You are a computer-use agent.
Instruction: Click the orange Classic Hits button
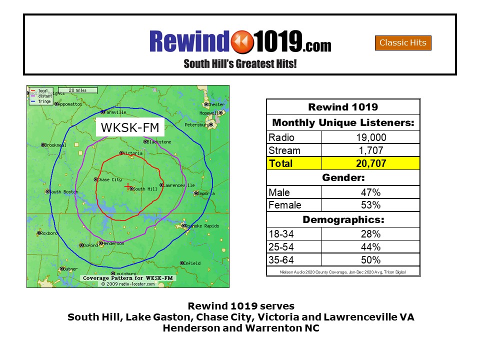[403, 43]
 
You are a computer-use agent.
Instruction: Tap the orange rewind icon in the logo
[242, 41]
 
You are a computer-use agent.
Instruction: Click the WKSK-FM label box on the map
[129, 127]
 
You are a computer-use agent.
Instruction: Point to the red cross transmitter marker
[128, 186]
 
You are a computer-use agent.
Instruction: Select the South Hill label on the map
[145, 189]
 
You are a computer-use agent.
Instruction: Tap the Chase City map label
[109, 179]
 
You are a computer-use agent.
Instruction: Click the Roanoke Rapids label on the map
[203, 226]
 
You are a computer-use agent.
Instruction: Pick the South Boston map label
[63, 192]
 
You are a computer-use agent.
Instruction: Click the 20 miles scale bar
[77, 90]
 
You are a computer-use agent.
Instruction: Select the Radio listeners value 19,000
[370, 137]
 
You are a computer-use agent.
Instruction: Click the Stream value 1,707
[370, 150]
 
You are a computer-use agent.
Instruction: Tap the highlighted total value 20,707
[370, 163]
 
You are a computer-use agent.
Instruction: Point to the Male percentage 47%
[370, 192]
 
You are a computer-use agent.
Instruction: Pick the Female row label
[285, 205]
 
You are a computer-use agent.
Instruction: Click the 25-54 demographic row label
[282, 247]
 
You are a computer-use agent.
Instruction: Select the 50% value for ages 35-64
[370, 260]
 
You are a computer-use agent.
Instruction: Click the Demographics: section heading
[343, 219]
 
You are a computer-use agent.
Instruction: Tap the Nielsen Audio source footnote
[343, 272]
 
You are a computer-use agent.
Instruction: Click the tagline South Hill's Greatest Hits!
[240, 64]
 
